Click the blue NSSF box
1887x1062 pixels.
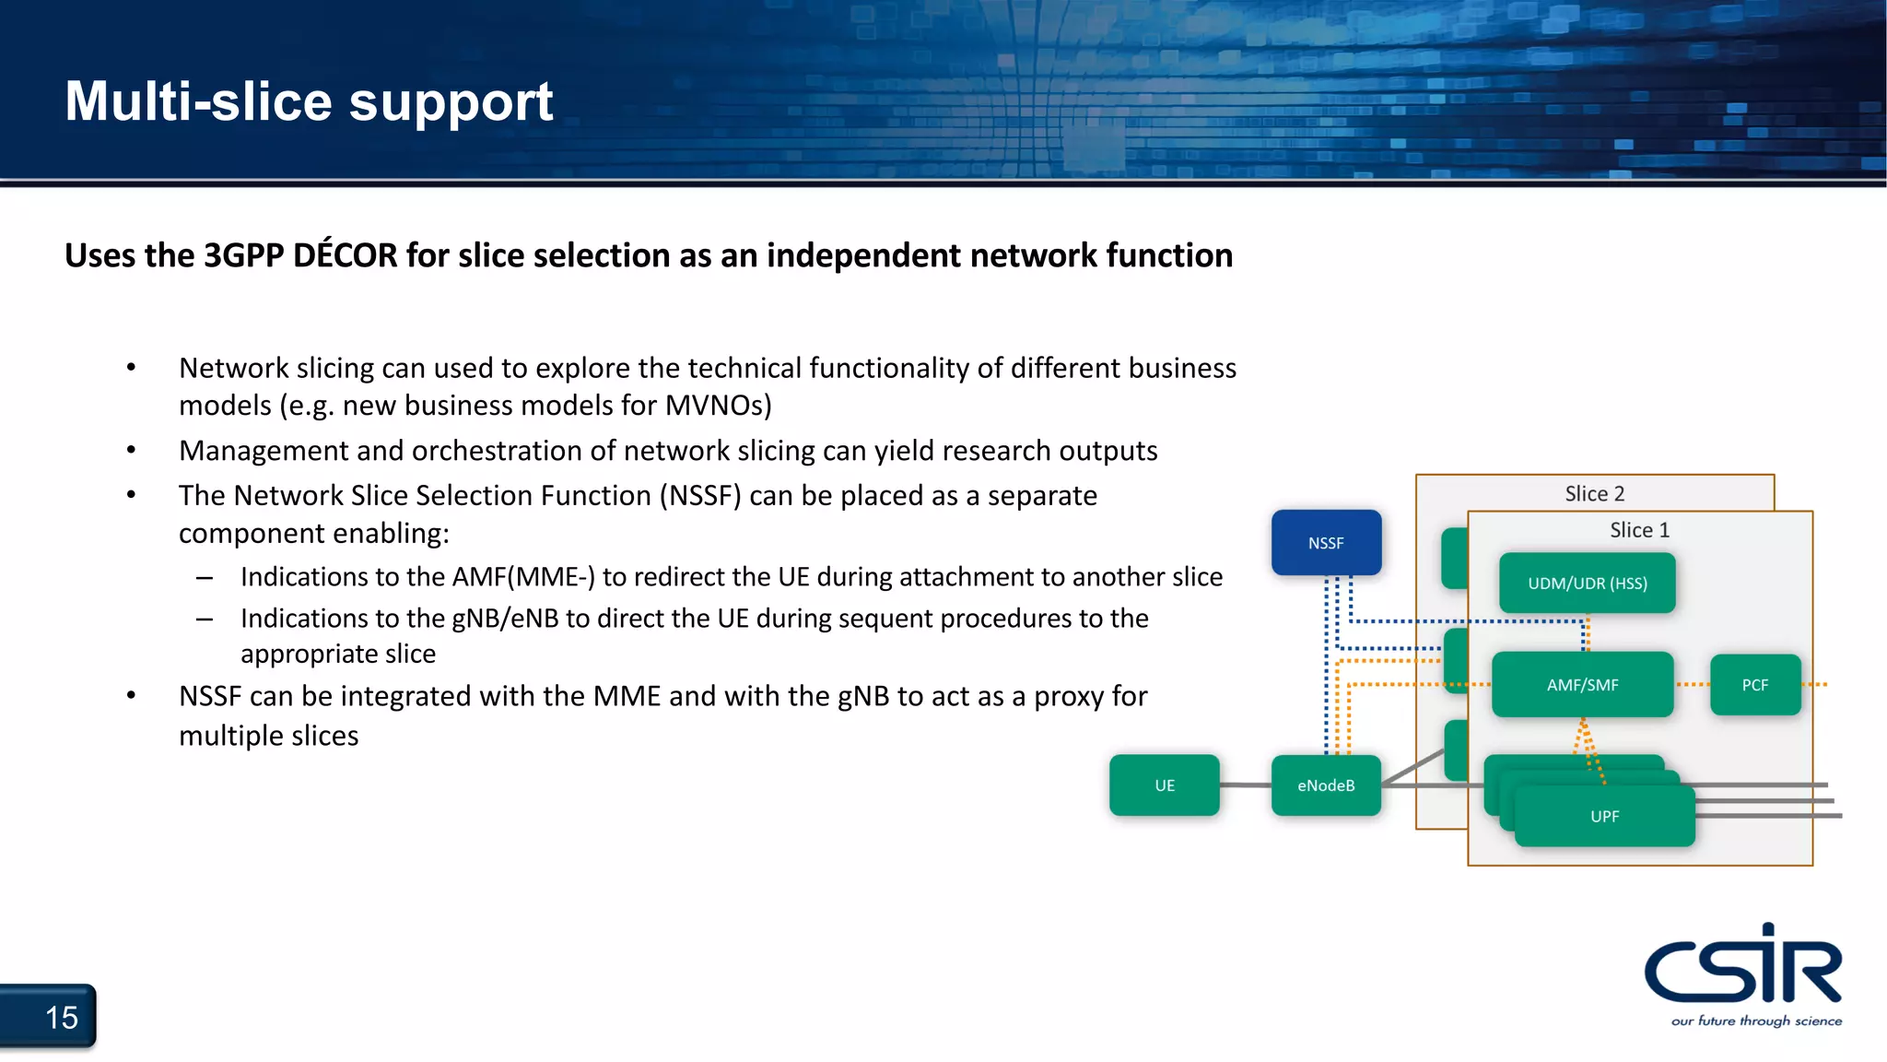[x=1326, y=543]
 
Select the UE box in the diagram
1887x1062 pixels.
[x=1164, y=785]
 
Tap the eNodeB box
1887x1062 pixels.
[x=1326, y=785]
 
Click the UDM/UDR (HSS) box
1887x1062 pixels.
[x=1587, y=584]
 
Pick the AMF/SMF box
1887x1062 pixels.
[x=1582, y=685]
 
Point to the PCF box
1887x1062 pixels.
[x=1754, y=685]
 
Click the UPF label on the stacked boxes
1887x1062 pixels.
[x=1604, y=817]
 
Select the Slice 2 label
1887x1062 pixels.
[x=1594, y=494]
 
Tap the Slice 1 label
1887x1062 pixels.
[x=1639, y=530]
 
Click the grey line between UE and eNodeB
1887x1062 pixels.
[x=1245, y=785]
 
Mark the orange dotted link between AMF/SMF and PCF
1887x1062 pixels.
[x=1692, y=685]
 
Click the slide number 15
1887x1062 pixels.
[x=62, y=1018]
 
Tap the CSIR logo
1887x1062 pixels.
[x=1742, y=966]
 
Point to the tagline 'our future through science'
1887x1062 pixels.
[x=1756, y=1021]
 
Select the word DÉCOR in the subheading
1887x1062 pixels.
[x=345, y=255]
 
